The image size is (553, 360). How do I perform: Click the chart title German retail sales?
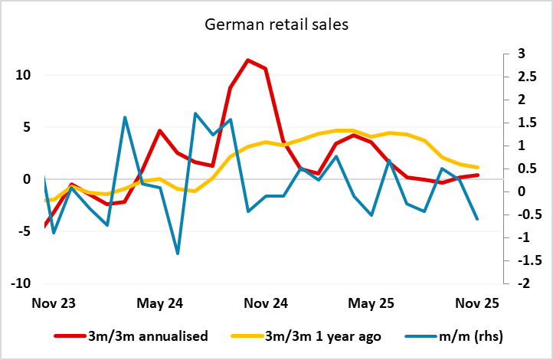pyautogui.click(x=276, y=25)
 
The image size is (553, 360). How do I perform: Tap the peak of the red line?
pyautogui.click(x=247, y=60)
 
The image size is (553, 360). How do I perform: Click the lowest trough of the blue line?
pyautogui.click(x=178, y=254)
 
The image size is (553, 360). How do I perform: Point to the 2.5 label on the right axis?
pyautogui.click(x=525, y=77)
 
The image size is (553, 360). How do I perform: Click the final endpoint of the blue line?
pyautogui.click(x=478, y=219)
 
